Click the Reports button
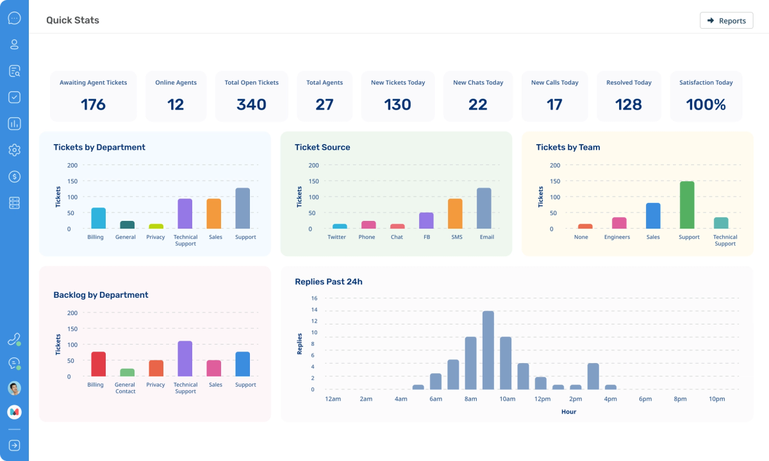pos(726,20)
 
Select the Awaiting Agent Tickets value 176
pos(94,104)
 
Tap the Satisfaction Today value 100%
pos(706,104)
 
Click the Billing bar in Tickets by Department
pos(98,218)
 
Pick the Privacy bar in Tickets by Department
pos(156,226)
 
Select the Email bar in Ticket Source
pos(484,208)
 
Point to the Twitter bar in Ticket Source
pos(340,226)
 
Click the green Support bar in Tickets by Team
pos(687,205)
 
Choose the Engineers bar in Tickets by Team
pos(619,223)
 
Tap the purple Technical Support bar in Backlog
pos(185,359)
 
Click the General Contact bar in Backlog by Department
pos(128,373)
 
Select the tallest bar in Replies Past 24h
pos(488,350)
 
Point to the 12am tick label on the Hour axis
pos(333,399)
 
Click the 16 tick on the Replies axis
pos(314,298)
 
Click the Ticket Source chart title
pos(322,147)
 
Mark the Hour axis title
pos(568,412)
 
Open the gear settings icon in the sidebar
pos(14,150)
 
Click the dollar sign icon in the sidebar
pos(14,176)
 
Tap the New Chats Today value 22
pos(477,104)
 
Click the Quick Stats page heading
pos(72,20)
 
